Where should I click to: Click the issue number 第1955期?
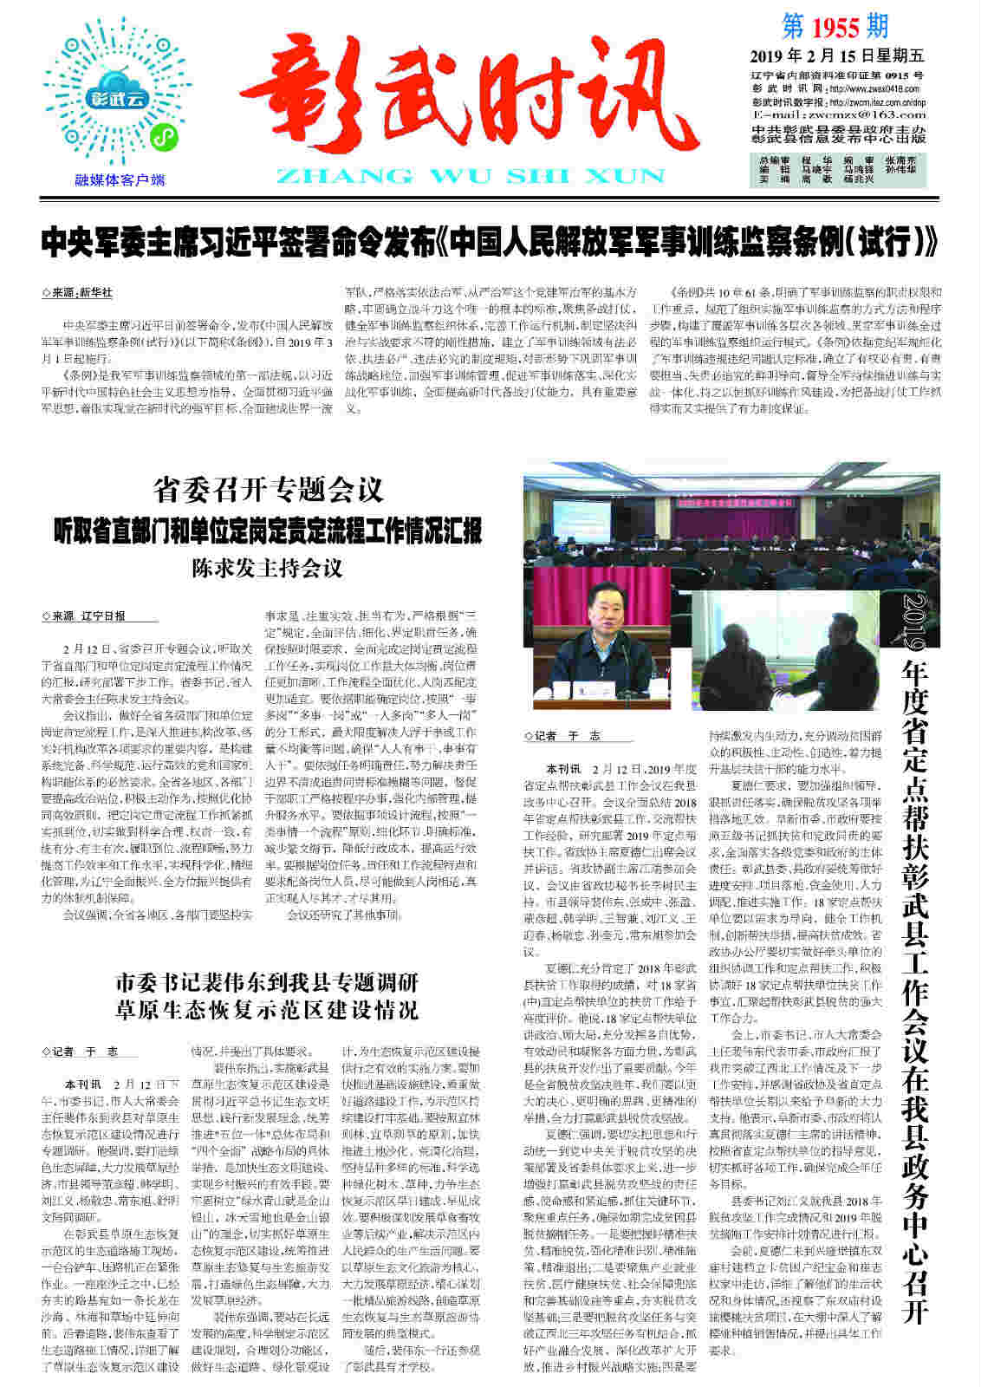(835, 27)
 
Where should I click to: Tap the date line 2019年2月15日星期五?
(836, 56)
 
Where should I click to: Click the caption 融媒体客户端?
(120, 180)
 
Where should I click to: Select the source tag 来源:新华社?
(78, 293)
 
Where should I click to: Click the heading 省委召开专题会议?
(268, 490)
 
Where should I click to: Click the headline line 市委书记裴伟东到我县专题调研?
(267, 983)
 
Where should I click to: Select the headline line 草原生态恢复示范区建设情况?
(267, 1010)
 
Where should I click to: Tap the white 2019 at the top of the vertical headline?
(912, 621)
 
